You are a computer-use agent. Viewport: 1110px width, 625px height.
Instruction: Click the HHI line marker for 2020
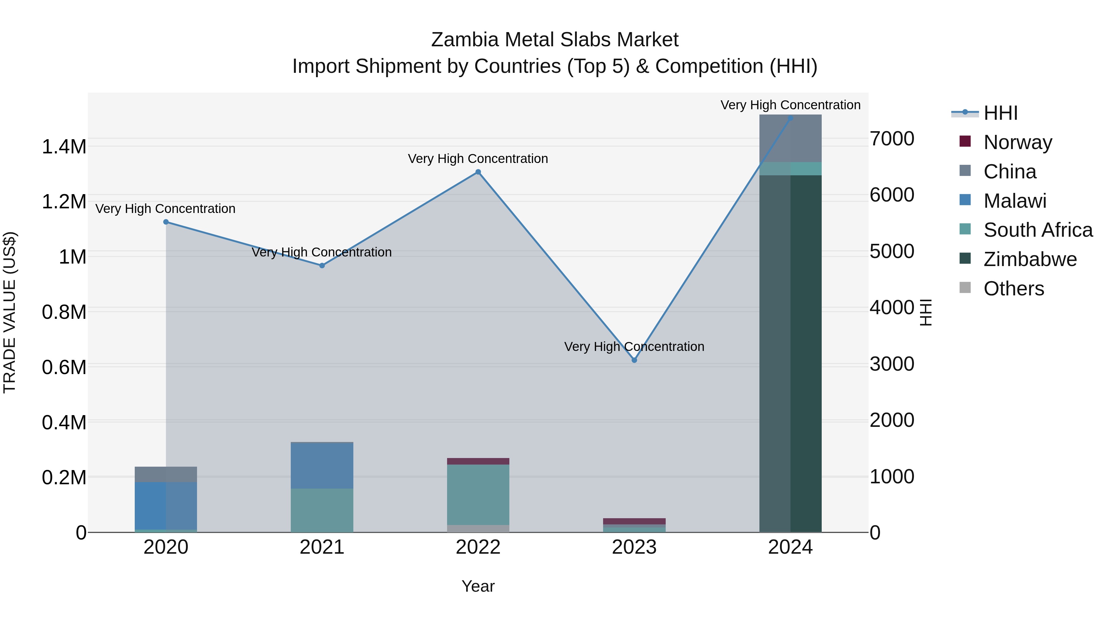click(166, 222)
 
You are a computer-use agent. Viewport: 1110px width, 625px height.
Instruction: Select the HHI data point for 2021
click(322, 266)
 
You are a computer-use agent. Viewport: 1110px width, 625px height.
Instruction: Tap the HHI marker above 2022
click(478, 172)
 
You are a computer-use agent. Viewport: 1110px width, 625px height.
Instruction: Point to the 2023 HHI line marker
click(634, 360)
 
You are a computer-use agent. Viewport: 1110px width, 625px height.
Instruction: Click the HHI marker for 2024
click(790, 118)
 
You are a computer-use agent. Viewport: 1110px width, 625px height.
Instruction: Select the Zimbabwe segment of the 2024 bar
click(790, 354)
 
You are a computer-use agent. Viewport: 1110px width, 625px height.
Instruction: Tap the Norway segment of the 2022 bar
click(478, 461)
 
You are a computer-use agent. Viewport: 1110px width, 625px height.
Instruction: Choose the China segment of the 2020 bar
click(166, 474)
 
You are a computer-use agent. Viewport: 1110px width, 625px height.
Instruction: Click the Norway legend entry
click(1018, 142)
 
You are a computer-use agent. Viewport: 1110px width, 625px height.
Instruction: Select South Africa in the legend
click(1038, 230)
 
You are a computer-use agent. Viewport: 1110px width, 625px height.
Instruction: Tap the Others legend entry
click(1013, 289)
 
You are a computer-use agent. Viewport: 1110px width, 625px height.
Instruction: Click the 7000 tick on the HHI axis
click(891, 139)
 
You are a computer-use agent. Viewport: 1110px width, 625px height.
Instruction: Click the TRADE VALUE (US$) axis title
click(10, 312)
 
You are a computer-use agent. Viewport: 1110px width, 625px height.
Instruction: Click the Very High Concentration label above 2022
click(478, 159)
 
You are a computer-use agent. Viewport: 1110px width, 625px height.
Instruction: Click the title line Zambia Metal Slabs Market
click(555, 40)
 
